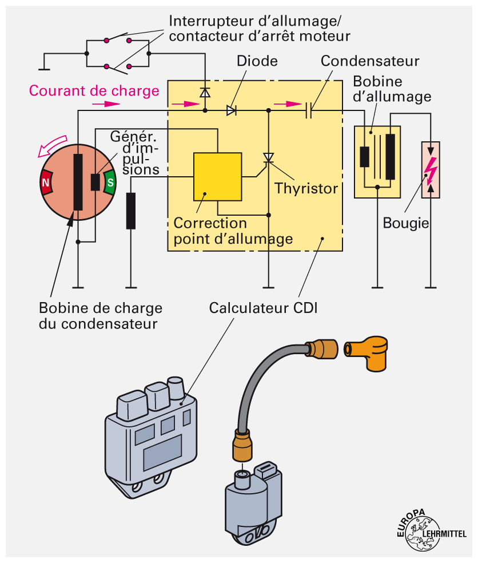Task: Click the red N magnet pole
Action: click(x=46, y=183)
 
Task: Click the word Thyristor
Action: click(x=306, y=188)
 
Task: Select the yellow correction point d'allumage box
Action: click(x=217, y=176)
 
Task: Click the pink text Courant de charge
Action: click(x=94, y=90)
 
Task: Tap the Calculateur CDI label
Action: click(x=263, y=308)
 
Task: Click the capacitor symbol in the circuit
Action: click(x=309, y=110)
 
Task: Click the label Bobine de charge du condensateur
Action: click(x=101, y=316)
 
